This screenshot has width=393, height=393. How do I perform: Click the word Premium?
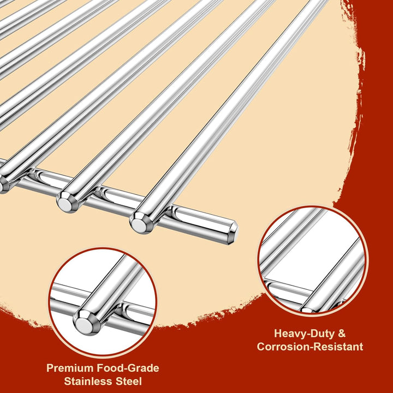[70, 368]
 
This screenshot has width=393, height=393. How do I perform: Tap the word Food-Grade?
[128, 368]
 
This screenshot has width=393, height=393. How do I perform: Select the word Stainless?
[88, 381]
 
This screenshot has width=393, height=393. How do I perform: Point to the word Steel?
[129, 381]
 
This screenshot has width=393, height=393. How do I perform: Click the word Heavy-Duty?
[304, 334]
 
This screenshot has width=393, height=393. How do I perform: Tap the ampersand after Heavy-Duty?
[342, 334]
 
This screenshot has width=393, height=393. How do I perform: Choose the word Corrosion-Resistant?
[310, 347]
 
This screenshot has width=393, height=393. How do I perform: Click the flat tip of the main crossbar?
[233, 233]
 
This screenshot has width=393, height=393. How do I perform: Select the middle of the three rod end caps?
[67, 202]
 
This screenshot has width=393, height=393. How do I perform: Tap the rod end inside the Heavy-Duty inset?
[307, 310]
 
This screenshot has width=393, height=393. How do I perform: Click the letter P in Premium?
[50, 368]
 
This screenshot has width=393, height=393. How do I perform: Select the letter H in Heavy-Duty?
[278, 334]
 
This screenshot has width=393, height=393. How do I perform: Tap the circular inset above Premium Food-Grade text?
[103, 303]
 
